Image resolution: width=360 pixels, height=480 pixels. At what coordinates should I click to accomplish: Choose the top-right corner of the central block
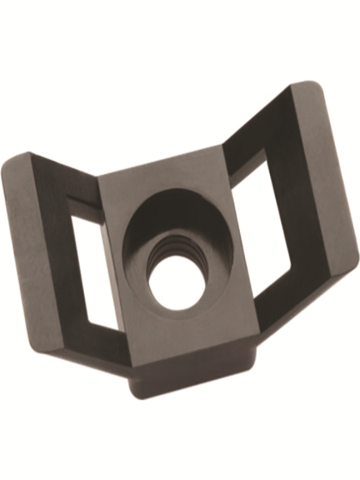[x=219, y=146]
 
